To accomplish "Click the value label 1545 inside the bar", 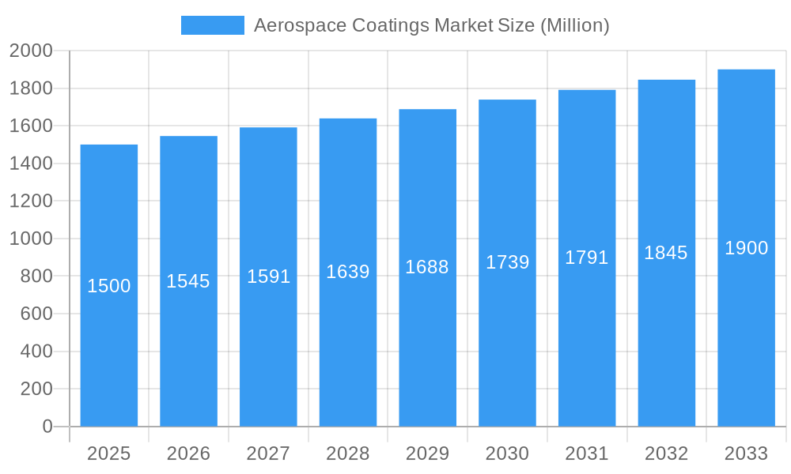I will coord(188,281).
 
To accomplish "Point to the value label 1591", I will coord(268,276).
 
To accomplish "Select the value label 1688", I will coord(427,267).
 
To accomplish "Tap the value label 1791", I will coord(587,258).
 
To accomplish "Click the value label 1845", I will coord(666,253).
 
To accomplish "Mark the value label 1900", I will coord(746,248).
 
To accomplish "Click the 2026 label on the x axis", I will coord(188,453).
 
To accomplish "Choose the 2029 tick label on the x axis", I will coord(427,453).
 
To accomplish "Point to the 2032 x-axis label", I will coord(666,453).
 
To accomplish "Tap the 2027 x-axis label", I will coord(268,453).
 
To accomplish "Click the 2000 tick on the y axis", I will coord(31,51).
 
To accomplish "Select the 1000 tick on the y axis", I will coord(31,239).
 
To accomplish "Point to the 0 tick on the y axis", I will coord(47,427).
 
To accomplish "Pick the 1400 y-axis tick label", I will coord(31,164).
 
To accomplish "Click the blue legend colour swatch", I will coord(213,25).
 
